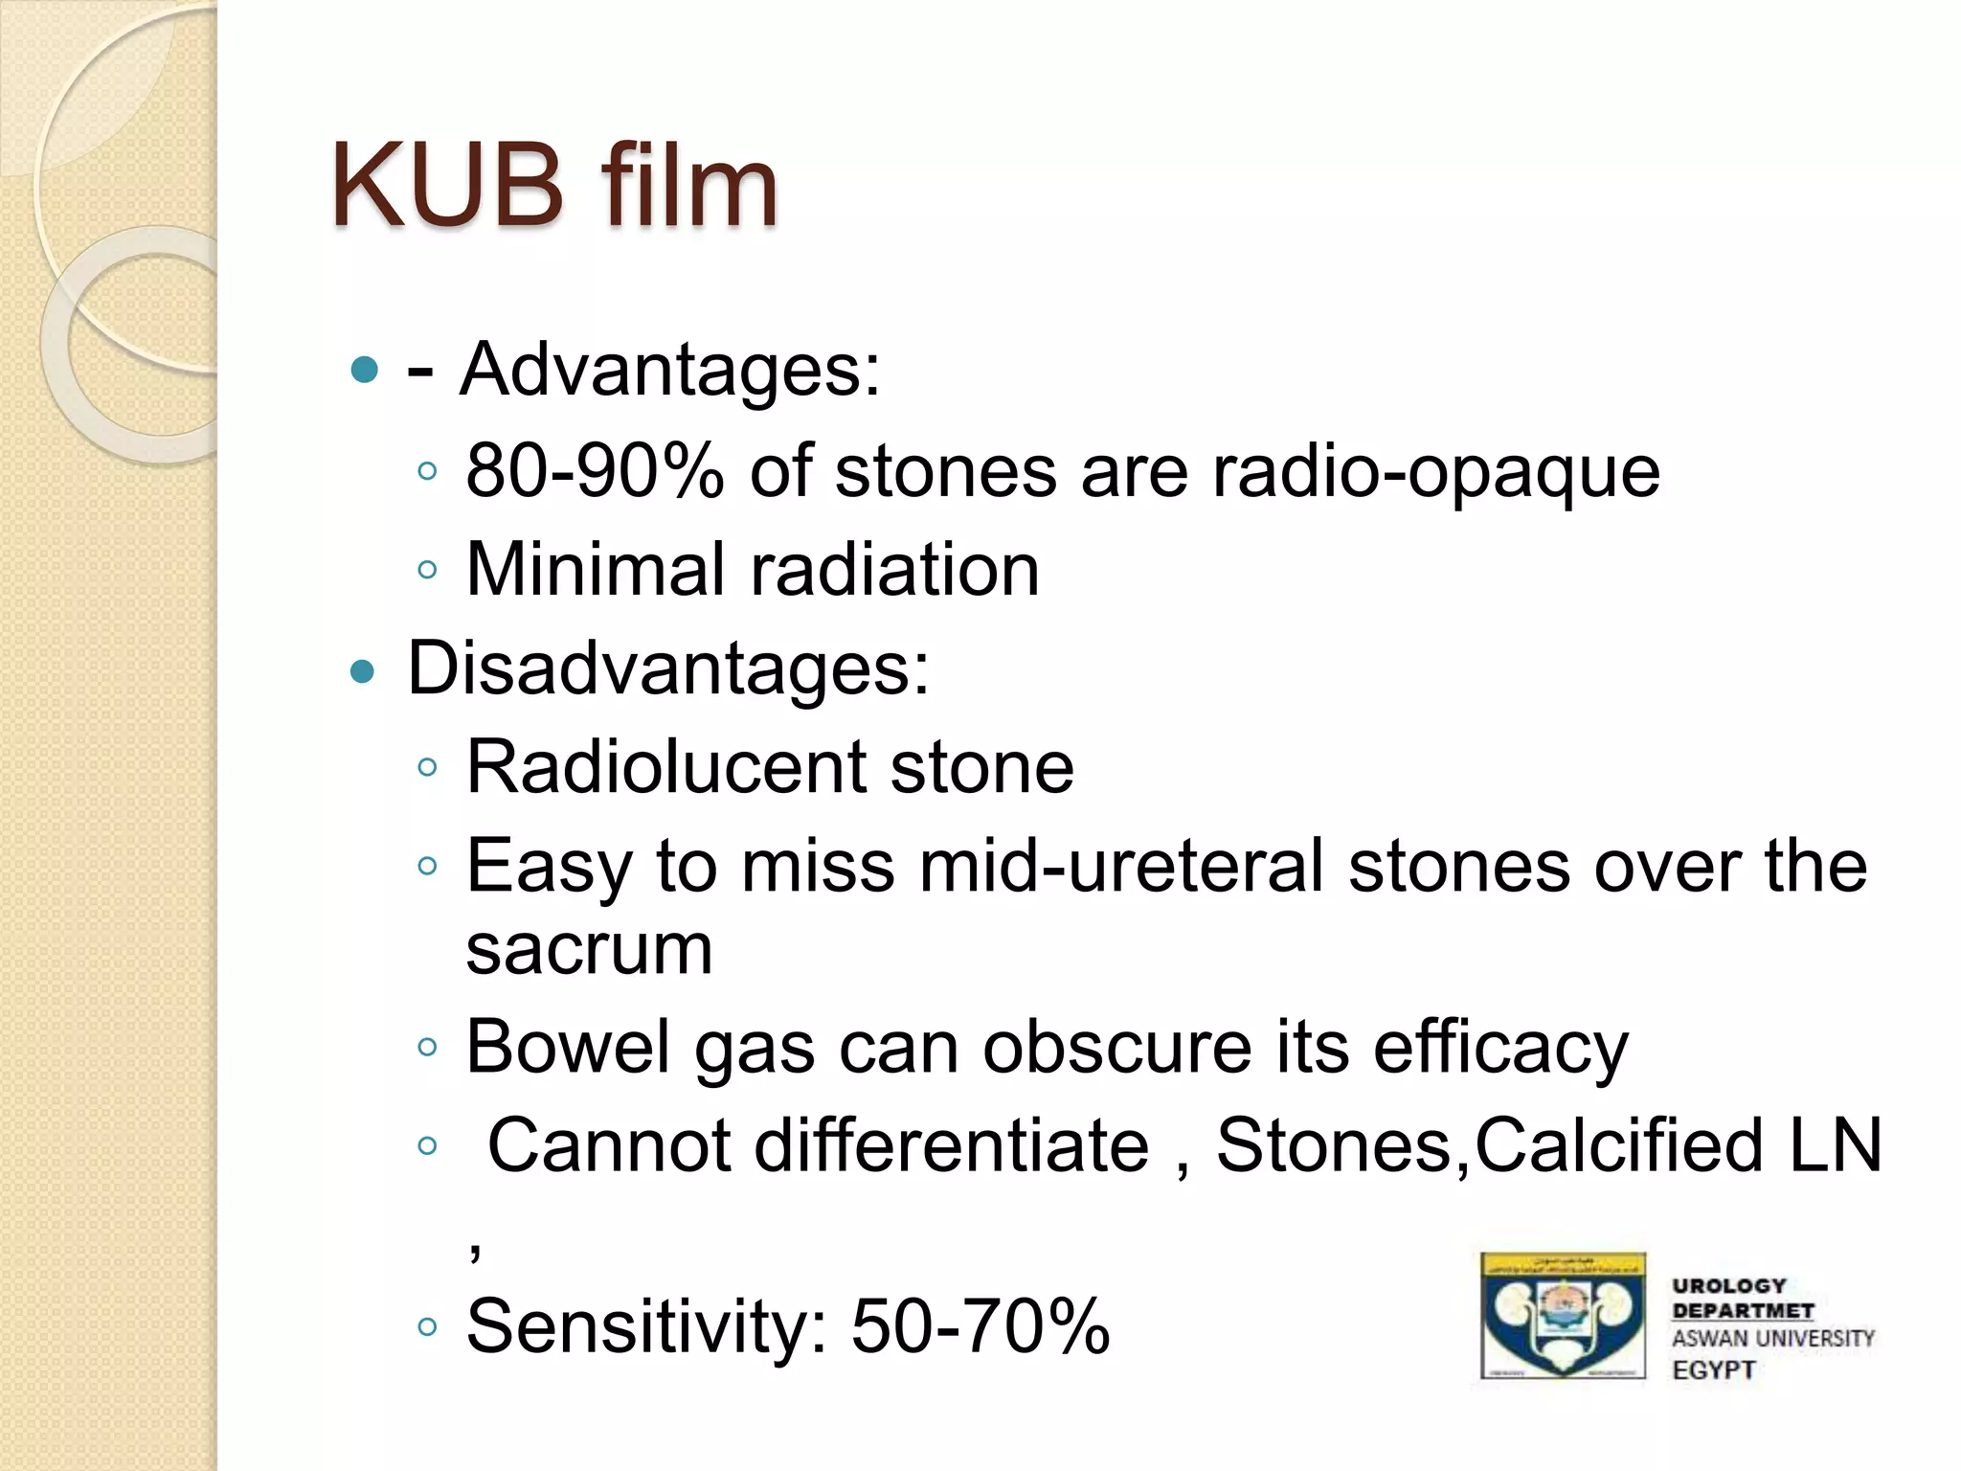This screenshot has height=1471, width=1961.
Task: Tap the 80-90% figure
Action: (594, 471)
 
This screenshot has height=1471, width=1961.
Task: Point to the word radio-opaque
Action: (1435, 473)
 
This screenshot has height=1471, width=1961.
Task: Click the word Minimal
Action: (595, 569)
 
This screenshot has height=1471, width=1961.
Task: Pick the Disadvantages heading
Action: (667, 668)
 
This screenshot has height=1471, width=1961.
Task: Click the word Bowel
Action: (569, 1047)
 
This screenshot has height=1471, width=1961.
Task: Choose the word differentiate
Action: (951, 1145)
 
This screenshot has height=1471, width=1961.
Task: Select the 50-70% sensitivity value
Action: (980, 1326)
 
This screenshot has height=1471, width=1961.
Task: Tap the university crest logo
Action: (1562, 1316)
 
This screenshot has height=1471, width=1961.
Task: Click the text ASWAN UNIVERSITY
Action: (1772, 1339)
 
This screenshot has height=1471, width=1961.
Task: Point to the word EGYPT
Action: (1714, 1370)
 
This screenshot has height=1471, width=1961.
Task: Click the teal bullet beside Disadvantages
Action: (363, 671)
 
